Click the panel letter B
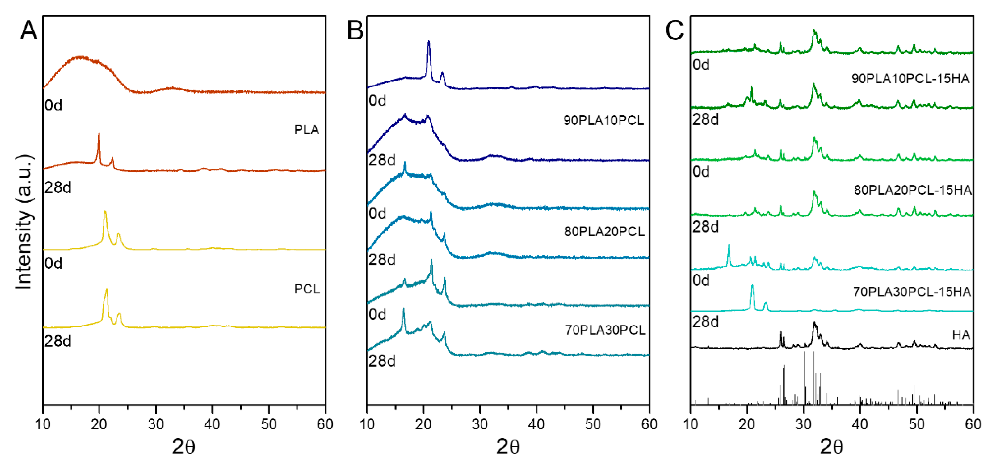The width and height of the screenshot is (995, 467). [355, 30]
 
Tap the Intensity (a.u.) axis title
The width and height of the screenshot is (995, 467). [24, 222]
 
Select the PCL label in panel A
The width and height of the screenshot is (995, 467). [307, 289]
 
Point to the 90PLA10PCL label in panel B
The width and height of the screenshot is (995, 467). [603, 121]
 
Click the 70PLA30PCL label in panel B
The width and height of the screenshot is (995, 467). [605, 330]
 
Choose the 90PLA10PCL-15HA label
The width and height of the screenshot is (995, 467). [910, 79]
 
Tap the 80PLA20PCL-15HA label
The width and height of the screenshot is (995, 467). [912, 190]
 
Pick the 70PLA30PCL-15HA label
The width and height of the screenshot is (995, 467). [912, 292]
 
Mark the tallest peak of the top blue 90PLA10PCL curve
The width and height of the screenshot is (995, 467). [428, 42]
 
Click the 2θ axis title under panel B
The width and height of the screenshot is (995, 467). [508, 447]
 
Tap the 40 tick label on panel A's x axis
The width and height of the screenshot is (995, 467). [212, 424]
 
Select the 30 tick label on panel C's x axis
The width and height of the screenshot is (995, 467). [804, 424]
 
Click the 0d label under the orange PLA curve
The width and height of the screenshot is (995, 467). [53, 105]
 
